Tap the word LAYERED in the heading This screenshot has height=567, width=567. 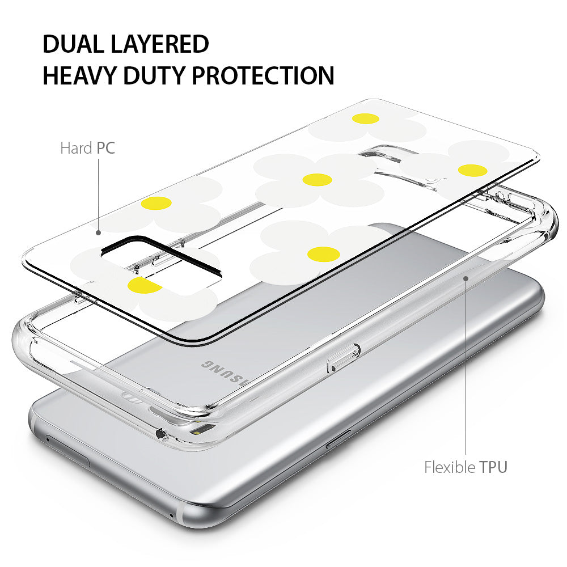(x=160, y=44)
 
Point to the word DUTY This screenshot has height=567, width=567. (x=154, y=75)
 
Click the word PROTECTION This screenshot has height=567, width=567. (x=263, y=75)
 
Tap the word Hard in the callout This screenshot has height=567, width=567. (x=76, y=148)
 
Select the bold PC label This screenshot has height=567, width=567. (x=105, y=148)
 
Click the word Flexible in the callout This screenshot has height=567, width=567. (x=450, y=467)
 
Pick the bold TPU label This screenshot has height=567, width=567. (x=494, y=467)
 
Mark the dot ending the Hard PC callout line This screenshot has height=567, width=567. (x=98, y=233)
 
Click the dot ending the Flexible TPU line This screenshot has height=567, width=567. (x=466, y=278)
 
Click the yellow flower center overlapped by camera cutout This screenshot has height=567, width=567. (x=145, y=285)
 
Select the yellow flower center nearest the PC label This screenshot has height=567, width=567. (x=156, y=203)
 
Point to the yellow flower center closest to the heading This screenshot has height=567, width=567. (x=366, y=119)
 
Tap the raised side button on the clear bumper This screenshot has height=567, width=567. (x=344, y=358)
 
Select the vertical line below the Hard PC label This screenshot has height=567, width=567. (x=98, y=194)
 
